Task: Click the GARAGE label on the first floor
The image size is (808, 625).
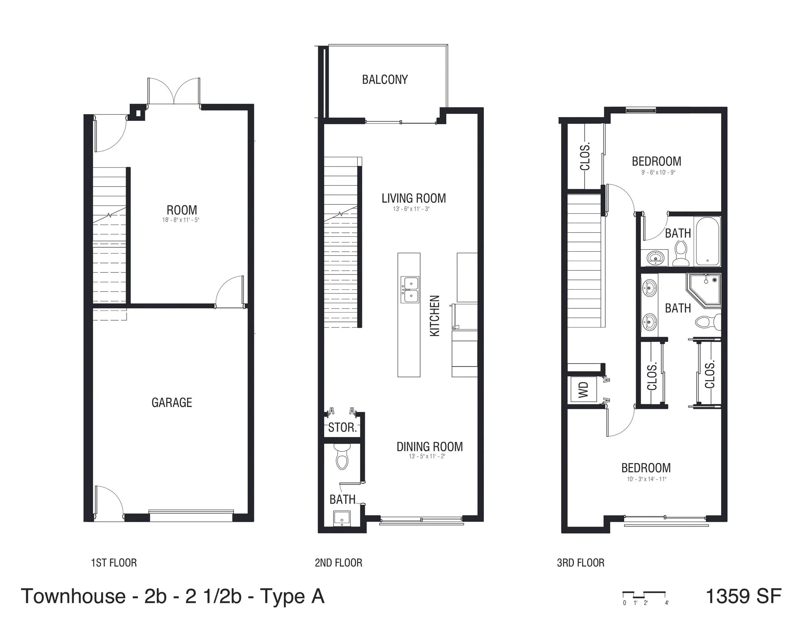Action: click(x=172, y=402)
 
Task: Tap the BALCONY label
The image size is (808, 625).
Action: click(x=385, y=80)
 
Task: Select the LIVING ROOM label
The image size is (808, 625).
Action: click(x=414, y=198)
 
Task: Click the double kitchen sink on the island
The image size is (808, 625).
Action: click(x=409, y=290)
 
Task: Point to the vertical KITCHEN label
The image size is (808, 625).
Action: click(x=435, y=316)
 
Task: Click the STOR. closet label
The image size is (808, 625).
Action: click(x=343, y=428)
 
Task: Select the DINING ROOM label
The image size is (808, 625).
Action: click(x=430, y=447)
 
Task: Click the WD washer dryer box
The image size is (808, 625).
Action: click(x=583, y=389)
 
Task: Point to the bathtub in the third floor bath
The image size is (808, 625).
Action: click(x=707, y=241)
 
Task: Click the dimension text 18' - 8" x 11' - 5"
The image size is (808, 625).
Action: click(x=181, y=220)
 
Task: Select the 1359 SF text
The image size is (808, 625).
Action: click(x=744, y=596)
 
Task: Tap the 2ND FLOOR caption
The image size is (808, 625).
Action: click(x=338, y=563)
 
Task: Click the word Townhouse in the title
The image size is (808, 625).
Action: click(x=73, y=597)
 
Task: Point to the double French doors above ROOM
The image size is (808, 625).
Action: click(x=174, y=92)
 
